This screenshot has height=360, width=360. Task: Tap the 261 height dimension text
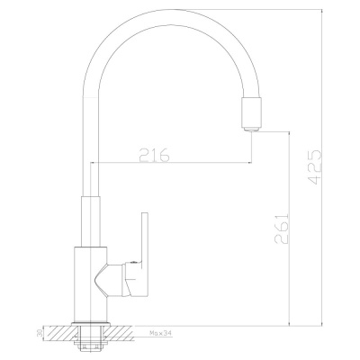click(x=278, y=233)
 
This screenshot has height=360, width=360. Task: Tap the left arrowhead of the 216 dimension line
click(x=94, y=165)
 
